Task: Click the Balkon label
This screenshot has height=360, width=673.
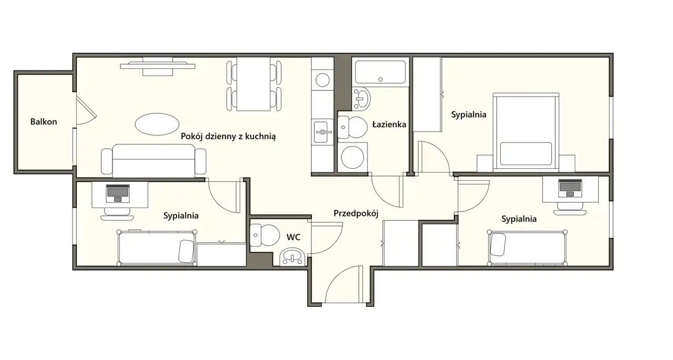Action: pyautogui.click(x=44, y=121)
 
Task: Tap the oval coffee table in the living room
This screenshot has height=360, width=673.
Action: pyautogui.click(x=157, y=125)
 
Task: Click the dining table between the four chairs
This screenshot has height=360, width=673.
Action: pyautogui.click(x=253, y=84)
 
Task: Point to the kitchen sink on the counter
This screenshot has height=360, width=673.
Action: pyautogui.click(x=323, y=132)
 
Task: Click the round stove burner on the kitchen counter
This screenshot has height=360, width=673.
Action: pyautogui.click(x=322, y=80)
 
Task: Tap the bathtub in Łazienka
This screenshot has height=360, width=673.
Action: pyautogui.click(x=380, y=72)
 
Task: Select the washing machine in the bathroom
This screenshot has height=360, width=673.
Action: pyautogui.click(x=353, y=157)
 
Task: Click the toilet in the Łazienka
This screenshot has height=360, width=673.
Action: pyautogui.click(x=352, y=127)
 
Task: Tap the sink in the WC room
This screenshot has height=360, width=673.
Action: pyautogui.click(x=293, y=257)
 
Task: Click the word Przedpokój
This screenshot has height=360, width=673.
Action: pyautogui.click(x=356, y=213)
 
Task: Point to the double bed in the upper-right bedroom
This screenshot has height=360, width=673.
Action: pyautogui.click(x=526, y=132)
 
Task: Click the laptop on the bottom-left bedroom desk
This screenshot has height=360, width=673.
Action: pyautogui.click(x=118, y=193)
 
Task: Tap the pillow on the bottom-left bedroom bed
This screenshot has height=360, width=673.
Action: pyautogui.click(x=186, y=251)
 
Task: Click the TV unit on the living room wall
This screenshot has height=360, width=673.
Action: pyautogui.click(x=158, y=66)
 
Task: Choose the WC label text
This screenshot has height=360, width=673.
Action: pyautogui.click(x=293, y=237)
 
